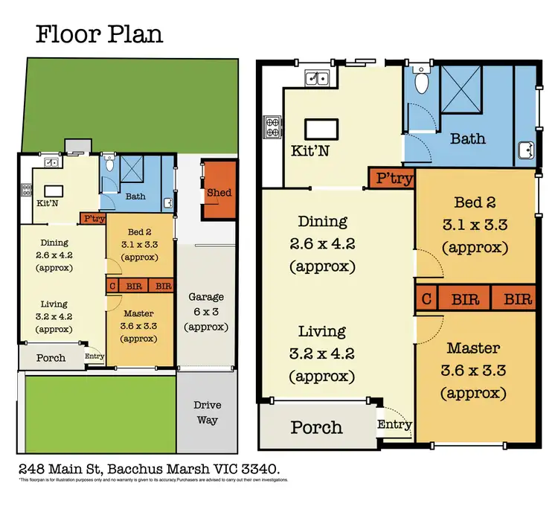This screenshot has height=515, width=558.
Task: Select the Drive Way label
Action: tap(206, 412)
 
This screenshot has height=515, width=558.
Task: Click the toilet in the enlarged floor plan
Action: tap(421, 81)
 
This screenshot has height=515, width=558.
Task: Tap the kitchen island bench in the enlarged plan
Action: tap(327, 128)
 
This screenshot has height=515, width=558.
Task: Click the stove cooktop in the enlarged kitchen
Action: tap(270, 127)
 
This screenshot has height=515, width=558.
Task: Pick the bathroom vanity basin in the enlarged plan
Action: tap(527, 150)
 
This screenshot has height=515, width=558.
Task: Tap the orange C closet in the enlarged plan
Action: tap(426, 299)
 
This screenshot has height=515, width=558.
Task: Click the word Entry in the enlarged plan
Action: tap(394, 424)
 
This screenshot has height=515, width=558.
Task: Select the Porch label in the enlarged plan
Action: tap(317, 427)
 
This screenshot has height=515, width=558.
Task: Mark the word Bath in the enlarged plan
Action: tap(468, 138)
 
